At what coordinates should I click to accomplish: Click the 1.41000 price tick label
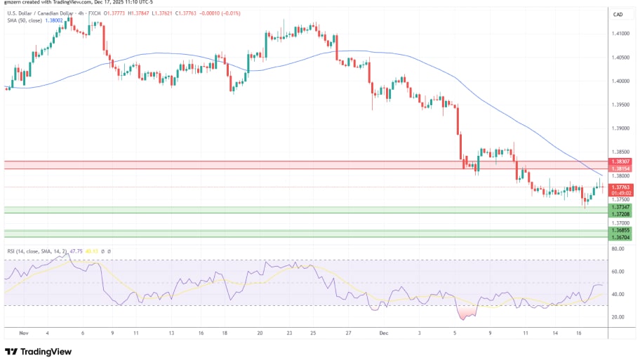620,34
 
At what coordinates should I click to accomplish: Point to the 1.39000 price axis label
620,128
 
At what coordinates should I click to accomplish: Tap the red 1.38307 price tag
622,161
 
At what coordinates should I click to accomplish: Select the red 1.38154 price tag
622,169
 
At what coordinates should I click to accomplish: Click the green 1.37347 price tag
622,208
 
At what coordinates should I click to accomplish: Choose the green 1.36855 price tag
622,230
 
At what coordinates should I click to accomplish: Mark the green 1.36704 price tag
622,238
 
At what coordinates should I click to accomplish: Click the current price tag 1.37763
622,187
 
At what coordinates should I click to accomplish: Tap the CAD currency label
618,14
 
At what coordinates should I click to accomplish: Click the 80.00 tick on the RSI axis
618,248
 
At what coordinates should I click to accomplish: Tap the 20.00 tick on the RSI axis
618,316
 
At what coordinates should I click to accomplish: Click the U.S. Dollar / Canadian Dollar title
42,13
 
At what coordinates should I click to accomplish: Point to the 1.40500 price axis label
620,58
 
